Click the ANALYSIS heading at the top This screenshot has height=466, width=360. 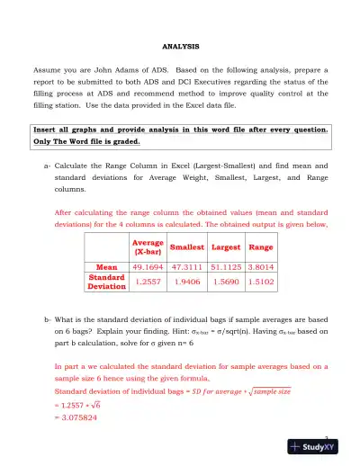pyautogui.click(x=179, y=45)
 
